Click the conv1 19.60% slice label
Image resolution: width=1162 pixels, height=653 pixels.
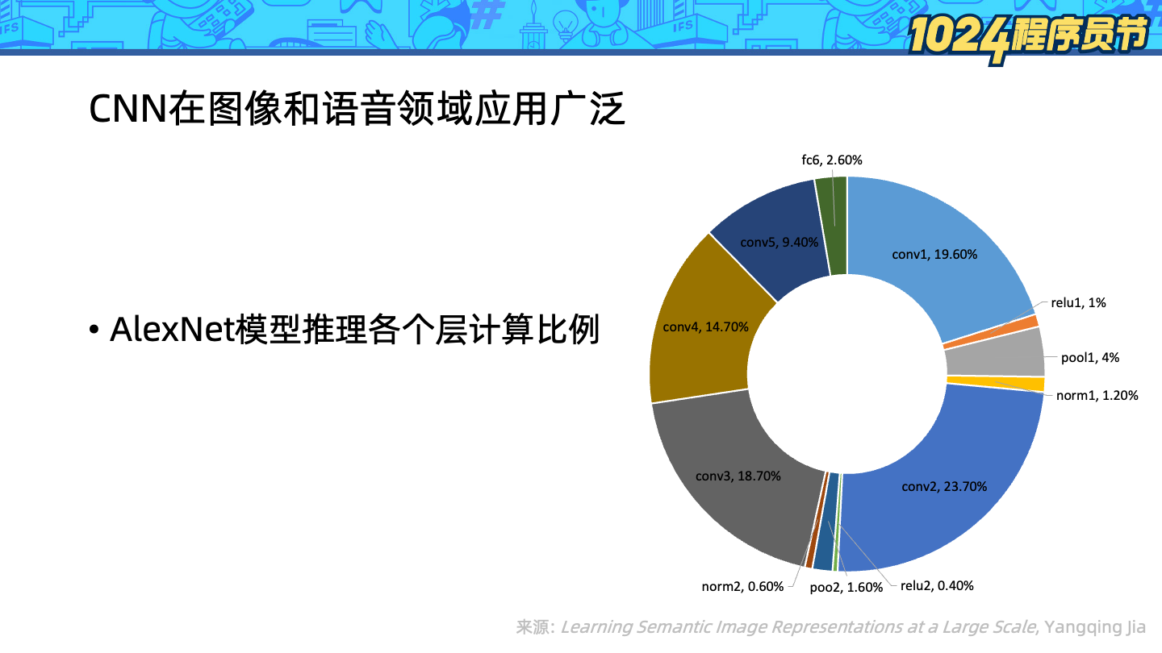pos(934,255)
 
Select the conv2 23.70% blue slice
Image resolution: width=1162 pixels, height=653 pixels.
pos(944,486)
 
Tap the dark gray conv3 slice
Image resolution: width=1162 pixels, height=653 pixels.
pos(738,476)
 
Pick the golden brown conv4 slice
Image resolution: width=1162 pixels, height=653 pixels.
pos(705,327)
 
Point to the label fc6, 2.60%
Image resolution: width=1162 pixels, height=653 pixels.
pos(831,160)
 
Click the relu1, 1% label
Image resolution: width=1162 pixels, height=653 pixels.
pos(1078,303)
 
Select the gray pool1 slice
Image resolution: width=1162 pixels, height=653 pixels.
pos(995,355)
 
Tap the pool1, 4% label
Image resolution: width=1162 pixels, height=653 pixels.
pos(1089,358)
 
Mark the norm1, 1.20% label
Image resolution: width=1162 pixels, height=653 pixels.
pos(1097,395)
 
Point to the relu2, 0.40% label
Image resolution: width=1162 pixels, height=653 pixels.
pos(937,586)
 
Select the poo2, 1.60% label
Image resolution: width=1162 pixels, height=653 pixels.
pos(846,588)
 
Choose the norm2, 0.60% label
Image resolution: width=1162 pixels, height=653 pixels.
pos(742,587)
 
